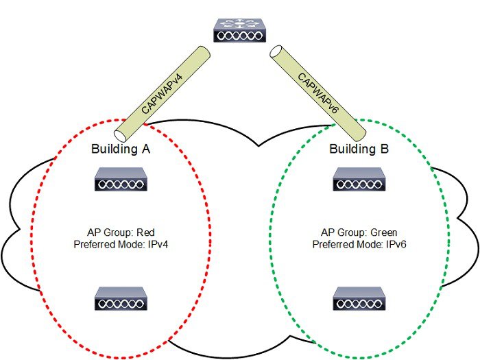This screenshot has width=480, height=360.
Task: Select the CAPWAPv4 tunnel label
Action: coord(163,88)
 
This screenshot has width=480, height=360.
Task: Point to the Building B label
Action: coord(357,149)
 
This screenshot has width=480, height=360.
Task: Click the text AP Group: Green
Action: coord(357,232)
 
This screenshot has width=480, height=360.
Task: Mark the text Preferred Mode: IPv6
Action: coord(357,244)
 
